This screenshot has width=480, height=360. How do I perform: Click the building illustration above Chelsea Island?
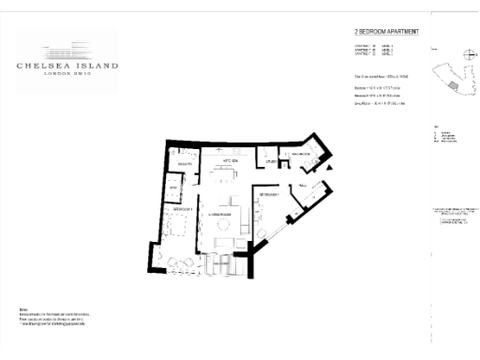tap(67, 48)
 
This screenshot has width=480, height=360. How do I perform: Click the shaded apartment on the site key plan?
tap(453, 86)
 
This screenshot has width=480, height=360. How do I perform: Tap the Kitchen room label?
tap(229, 161)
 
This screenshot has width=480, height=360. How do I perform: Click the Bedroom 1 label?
tap(182, 209)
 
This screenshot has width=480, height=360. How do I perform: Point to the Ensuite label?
tap(184, 163)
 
